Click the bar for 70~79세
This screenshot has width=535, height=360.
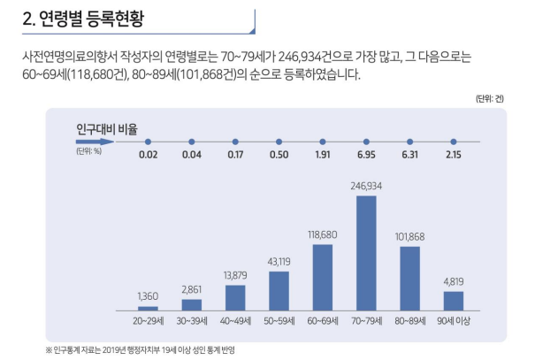pyautogui.click(x=366, y=253)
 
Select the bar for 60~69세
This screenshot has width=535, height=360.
pyautogui.click(x=323, y=277)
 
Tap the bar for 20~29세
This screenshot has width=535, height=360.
pyautogui.click(x=148, y=308)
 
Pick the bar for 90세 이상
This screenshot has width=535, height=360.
pyautogui.click(x=453, y=301)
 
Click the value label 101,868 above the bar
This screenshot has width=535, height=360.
pyautogui.click(x=409, y=236)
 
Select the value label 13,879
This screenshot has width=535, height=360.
pyautogui.click(x=235, y=275)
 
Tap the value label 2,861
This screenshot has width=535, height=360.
pyautogui.click(x=192, y=289)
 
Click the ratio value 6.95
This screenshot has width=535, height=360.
pyautogui.click(x=366, y=156)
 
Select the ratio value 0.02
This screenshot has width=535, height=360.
pyautogui.click(x=148, y=156)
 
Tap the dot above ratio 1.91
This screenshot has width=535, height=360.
pyautogui.click(x=323, y=141)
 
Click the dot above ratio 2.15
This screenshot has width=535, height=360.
pyautogui.click(x=453, y=141)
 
